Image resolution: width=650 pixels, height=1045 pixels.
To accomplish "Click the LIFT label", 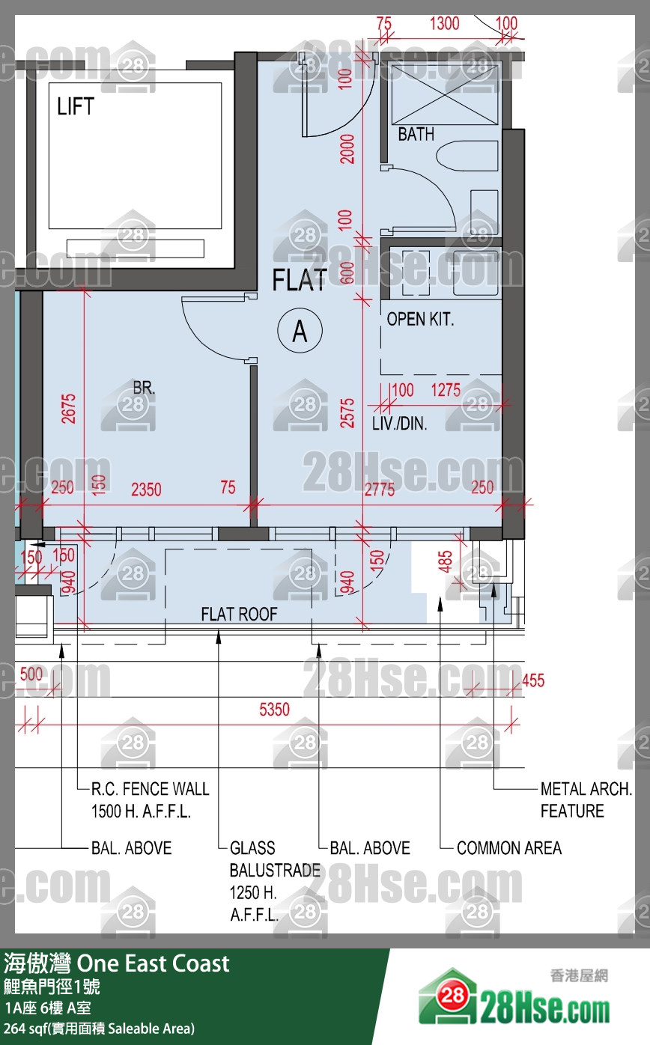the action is (76, 106).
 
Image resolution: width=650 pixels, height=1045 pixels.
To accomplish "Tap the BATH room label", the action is (416, 134).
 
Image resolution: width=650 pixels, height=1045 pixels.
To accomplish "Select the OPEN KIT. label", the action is (420, 319).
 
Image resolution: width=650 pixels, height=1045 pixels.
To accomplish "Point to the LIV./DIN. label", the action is (399, 423).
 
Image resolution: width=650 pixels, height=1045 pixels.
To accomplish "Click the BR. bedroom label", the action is (144, 387).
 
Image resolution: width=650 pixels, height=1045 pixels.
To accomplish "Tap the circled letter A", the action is (300, 330).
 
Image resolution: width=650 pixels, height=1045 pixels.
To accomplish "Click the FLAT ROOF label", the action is (239, 614).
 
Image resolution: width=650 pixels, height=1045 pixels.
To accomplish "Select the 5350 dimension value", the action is (274, 710).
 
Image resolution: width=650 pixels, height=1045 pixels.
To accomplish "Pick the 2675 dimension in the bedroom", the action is (69, 408).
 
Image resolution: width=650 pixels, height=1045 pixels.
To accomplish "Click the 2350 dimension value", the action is (146, 490).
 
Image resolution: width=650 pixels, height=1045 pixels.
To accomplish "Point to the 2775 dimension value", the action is (380, 490).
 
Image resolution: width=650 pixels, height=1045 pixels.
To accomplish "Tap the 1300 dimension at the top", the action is (444, 23).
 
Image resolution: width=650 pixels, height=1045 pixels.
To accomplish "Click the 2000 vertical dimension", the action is (347, 149).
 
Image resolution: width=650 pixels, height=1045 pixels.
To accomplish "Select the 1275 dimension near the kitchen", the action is (446, 390).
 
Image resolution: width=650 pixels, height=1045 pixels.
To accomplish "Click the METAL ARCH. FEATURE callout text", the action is (586, 799).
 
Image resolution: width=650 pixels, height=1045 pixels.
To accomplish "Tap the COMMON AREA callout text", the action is (509, 847).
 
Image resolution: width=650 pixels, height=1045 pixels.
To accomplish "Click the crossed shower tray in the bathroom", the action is (445, 95).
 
